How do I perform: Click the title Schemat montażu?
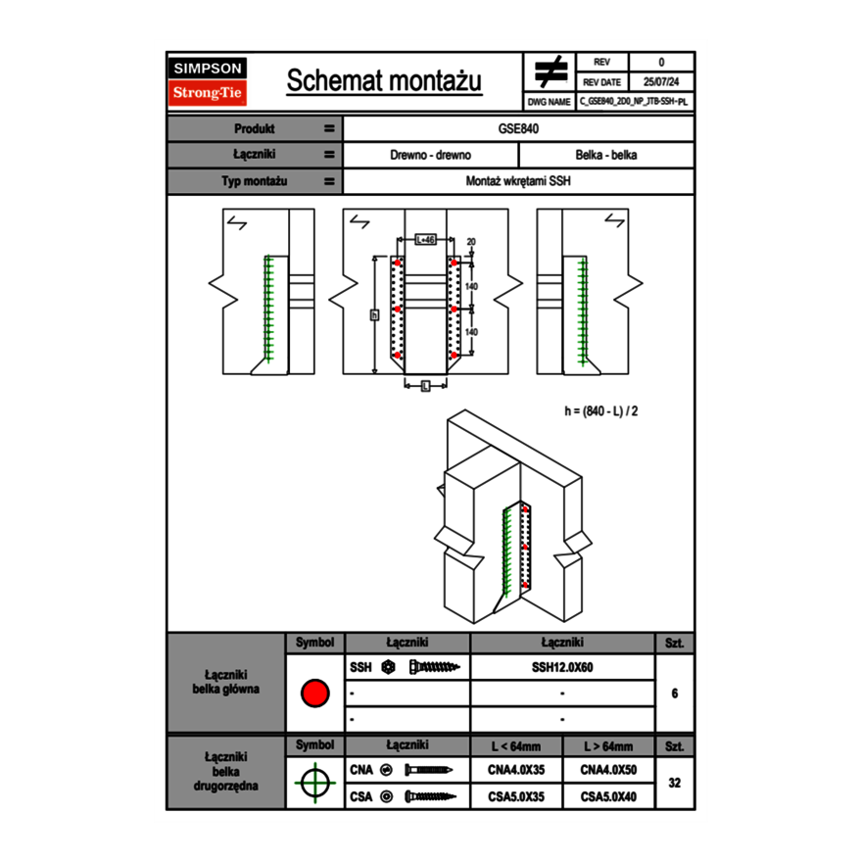click(x=384, y=81)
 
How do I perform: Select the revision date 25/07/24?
click(x=661, y=82)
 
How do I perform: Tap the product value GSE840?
click(x=519, y=128)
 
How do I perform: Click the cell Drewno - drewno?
click(x=431, y=155)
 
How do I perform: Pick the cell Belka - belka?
click(x=606, y=155)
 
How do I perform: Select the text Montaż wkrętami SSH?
click(x=519, y=181)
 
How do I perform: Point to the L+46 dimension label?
click(x=425, y=239)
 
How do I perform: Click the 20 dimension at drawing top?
click(x=470, y=241)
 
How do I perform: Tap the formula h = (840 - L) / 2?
click(x=601, y=410)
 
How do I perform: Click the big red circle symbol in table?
click(x=314, y=694)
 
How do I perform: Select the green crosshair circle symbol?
click(x=314, y=784)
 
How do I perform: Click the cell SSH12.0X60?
click(x=562, y=667)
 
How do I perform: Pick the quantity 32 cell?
click(x=674, y=784)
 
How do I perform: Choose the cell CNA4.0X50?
click(x=608, y=771)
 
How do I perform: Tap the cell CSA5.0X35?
click(x=516, y=797)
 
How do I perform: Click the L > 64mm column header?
click(x=608, y=746)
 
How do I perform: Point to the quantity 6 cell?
click(x=674, y=694)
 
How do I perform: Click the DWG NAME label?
click(x=549, y=101)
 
